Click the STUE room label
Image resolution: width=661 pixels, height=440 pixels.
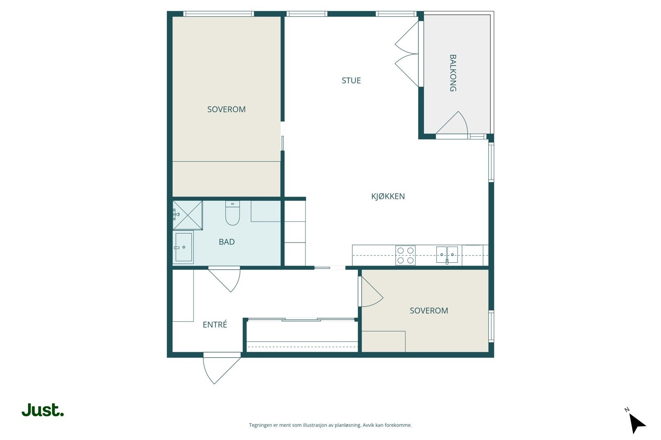coord(351,80)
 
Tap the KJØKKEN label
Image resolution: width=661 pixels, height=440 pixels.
coord(388,196)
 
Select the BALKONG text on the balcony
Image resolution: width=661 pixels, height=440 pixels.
coord(453,73)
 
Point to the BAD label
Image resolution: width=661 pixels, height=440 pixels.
coord(227,242)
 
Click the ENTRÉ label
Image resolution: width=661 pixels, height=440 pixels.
coord(215,324)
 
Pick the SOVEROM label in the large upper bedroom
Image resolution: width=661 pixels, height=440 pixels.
coord(226,109)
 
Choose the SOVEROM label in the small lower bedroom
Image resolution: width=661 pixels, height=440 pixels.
coord(429,311)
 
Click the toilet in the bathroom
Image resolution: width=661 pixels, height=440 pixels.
coord(233,213)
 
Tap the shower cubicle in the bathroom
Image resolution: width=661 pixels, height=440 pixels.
coord(188,215)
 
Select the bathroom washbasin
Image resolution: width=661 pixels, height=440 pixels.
coord(183,247)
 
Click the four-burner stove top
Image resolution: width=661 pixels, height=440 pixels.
coord(405,255)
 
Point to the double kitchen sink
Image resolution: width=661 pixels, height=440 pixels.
coord(447,255)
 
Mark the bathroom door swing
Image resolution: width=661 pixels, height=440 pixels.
coord(225,279)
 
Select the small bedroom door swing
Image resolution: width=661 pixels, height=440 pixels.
coord(371,292)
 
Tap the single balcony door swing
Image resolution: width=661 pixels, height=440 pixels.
coord(452,123)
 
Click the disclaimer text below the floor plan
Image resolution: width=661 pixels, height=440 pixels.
coord(330,425)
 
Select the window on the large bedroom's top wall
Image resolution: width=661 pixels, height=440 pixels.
coord(219,14)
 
